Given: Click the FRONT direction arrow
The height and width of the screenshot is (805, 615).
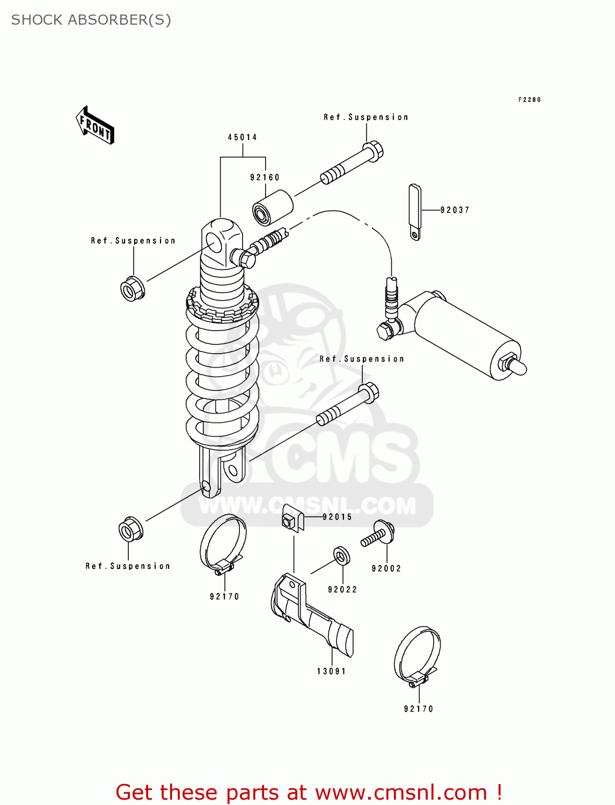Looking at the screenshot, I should pos(95,125).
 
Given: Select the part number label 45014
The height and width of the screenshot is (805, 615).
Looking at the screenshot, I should pos(243,137).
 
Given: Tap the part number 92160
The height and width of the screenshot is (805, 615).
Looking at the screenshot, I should pos(265,178).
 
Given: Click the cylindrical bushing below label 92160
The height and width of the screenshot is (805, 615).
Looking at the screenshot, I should pos(273,208).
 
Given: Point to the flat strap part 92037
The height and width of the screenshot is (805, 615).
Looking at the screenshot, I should pos(415,212).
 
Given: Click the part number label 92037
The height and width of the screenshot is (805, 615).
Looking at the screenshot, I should pos(455,210).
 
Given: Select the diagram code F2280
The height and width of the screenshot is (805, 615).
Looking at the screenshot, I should pos(529,100).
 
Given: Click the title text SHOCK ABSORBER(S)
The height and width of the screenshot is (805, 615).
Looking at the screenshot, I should pos(91,20).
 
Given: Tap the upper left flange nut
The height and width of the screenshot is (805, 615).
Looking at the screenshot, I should pos(132,288).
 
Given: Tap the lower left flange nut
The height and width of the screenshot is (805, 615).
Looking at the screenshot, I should pos(130,530).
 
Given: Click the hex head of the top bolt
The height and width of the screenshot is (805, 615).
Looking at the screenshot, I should pos(374,150).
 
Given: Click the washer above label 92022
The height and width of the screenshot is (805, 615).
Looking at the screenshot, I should pos(341,556).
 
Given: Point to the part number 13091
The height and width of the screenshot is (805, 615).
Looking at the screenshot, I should pos(331,671).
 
